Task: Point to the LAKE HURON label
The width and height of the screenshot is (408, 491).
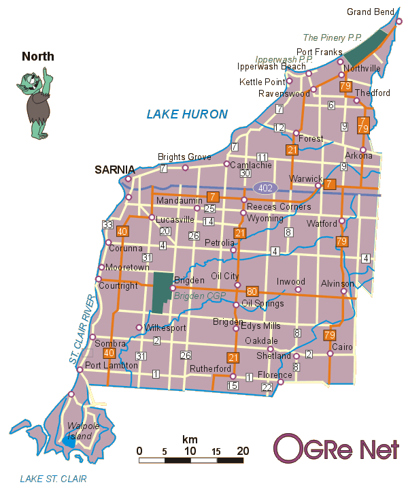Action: point(187,114)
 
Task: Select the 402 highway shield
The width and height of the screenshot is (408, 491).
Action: point(265,187)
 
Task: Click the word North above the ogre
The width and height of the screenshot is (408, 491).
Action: point(38,57)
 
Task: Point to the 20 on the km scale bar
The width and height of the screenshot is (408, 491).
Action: point(243,451)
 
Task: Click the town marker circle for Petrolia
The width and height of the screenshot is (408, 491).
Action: point(233,250)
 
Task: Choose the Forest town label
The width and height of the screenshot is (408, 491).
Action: point(310,138)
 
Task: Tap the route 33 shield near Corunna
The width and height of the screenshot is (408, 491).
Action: point(107,225)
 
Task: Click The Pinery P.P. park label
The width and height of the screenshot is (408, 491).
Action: point(333,38)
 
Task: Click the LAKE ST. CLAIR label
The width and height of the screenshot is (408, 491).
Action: point(53,479)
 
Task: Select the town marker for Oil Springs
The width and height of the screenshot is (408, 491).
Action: point(236,304)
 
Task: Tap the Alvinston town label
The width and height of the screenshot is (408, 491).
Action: point(338,283)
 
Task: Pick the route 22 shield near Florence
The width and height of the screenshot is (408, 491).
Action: point(267,387)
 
